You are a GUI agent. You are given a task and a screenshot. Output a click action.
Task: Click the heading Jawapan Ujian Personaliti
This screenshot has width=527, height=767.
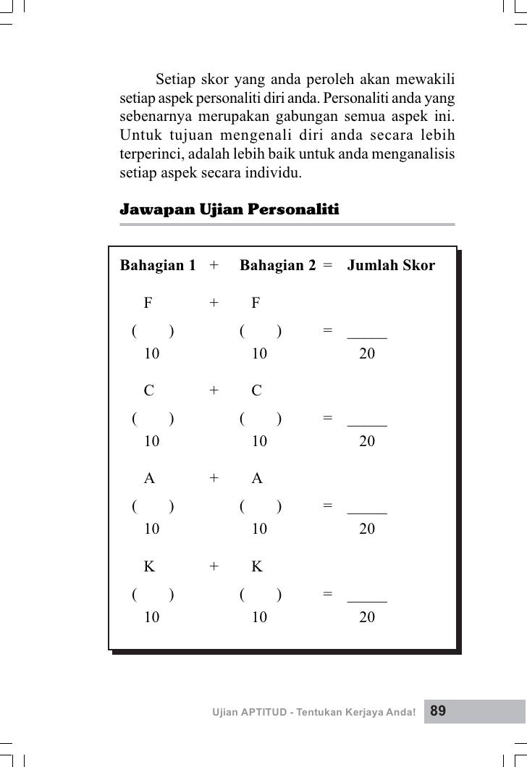coord(229,210)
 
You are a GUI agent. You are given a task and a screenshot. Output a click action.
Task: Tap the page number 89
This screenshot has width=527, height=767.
coord(439,711)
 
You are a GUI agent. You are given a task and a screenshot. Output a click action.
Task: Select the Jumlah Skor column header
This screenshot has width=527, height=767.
coord(391,266)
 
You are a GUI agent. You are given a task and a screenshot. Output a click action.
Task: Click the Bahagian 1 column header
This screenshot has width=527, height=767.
coord(157,266)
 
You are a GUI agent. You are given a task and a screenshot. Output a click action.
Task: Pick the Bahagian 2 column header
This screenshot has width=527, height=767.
coord(277,266)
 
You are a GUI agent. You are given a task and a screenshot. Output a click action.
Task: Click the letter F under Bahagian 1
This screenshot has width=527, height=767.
coord(148,303)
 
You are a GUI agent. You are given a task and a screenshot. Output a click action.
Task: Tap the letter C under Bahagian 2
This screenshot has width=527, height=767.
coord(256,391)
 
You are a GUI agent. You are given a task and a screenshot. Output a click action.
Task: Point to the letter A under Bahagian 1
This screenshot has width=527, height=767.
coord(149,479)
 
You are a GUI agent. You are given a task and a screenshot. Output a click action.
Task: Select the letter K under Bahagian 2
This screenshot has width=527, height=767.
coord(256,567)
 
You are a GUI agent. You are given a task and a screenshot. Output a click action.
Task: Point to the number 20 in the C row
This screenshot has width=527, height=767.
coord(367,440)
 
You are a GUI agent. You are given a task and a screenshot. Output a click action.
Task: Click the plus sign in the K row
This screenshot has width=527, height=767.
coord(214,567)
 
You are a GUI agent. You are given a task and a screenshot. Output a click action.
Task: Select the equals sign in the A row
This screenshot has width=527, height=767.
coord(328,506)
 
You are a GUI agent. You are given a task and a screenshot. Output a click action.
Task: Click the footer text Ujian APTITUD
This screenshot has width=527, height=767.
coord(246,712)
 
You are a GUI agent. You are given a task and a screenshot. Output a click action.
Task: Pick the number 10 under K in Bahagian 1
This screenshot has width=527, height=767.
coord(151,617)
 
